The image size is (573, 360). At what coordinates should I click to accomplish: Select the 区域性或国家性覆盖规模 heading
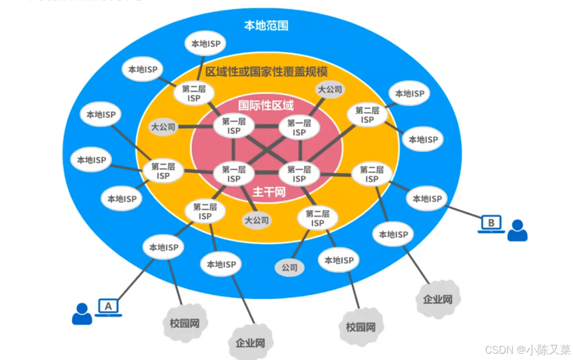click(x=266, y=72)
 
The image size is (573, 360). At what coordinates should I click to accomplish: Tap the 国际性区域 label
click(x=266, y=105)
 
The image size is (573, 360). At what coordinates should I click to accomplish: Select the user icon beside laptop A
click(x=82, y=313)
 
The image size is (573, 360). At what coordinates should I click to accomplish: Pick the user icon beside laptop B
click(x=517, y=231)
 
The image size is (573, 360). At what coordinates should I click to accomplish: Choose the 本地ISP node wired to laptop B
click(x=426, y=199)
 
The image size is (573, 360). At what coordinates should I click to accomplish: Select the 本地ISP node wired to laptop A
click(x=164, y=248)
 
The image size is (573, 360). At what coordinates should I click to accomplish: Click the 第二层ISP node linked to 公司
click(x=317, y=218)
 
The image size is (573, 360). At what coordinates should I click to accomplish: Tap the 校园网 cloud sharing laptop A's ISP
click(x=185, y=324)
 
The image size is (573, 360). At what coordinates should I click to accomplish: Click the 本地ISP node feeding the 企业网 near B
click(x=394, y=234)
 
